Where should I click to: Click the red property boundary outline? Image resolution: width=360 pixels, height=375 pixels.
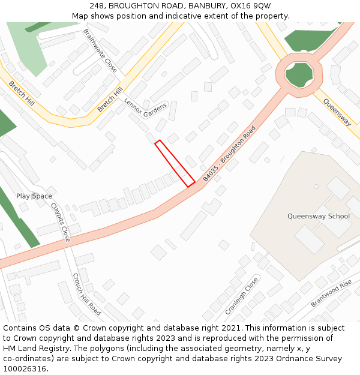click(175, 163)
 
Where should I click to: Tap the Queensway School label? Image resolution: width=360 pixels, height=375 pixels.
click(318, 216)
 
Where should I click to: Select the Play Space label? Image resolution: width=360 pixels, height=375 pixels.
click(34, 196)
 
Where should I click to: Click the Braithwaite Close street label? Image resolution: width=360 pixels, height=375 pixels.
click(100, 50)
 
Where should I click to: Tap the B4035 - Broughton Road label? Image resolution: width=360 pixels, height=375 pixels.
click(229, 153)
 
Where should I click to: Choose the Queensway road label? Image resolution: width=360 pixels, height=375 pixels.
click(337, 112)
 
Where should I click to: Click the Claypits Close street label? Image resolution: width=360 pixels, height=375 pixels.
click(61, 222)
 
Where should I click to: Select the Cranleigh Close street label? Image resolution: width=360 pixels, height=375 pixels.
click(241, 295)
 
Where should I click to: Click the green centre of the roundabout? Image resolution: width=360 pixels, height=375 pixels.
click(299, 74)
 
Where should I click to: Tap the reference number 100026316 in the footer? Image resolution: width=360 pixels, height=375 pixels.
click(25, 369)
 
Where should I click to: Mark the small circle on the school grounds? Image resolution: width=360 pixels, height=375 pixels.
click(316, 187)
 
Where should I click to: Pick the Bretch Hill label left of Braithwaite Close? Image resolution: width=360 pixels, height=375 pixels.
click(22, 95)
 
